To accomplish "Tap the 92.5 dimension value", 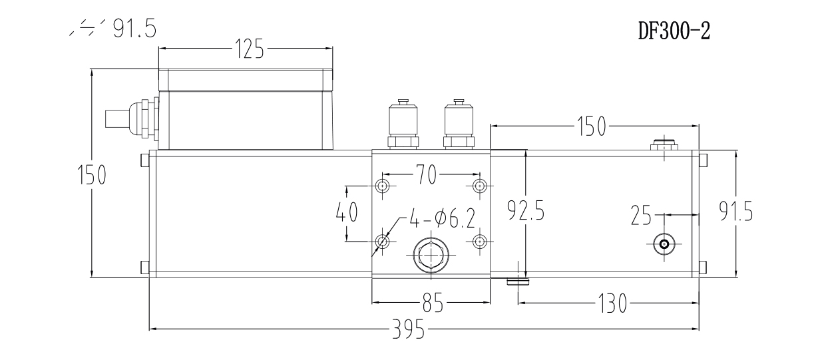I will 526,212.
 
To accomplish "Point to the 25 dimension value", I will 642,216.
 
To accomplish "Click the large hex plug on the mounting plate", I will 431,255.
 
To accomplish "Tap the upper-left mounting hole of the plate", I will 383,184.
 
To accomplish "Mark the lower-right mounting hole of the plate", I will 479,241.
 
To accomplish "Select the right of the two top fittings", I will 458,125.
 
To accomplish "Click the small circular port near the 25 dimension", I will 664,244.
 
